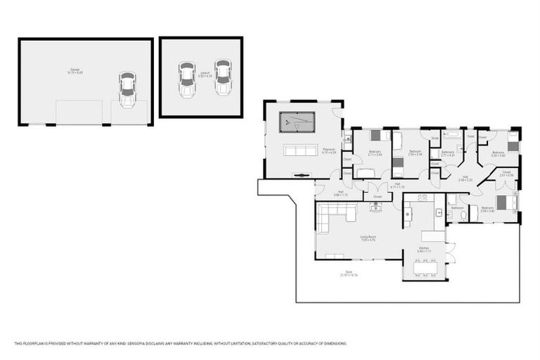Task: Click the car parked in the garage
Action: (x=127, y=91)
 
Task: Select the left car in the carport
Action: (x=186, y=80)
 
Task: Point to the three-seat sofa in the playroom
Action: (x=300, y=150)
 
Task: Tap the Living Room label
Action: (x=368, y=237)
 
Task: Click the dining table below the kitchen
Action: (x=427, y=268)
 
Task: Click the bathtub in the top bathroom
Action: (x=450, y=133)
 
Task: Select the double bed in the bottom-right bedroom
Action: (x=506, y=203)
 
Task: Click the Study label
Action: (x=435, y=139)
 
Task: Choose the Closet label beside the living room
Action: (x=378, y=196)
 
